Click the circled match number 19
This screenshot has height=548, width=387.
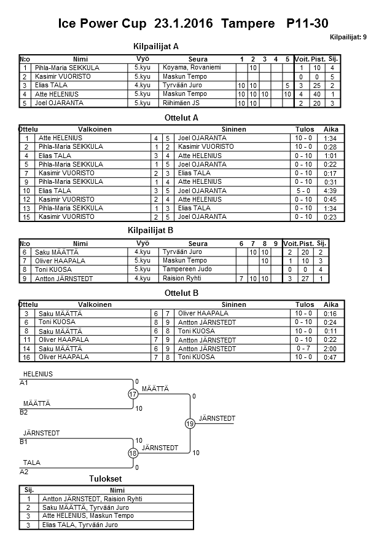pyautogui.click(x=190, y=424)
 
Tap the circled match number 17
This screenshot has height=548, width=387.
pyautogui.click(x=133, y=394)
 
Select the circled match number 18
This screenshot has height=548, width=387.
pyautogui.click(x=133, y=453)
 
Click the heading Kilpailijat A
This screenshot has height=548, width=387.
pyautogui.click(x=156, y=46)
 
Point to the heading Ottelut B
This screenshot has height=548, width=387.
pyautogui.click(x=182, y=293)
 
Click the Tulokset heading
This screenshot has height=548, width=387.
pyautogui.click(x=105, y=479)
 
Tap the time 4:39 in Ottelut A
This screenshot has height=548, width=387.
pyautogui.click(x=330, y=191)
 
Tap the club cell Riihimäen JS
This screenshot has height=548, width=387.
pyautogui.click(x=181, y=103)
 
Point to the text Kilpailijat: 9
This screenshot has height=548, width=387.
pyautogui.click(x=348, y=37)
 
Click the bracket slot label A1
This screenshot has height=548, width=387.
pyautogui.click(x=25, y=383)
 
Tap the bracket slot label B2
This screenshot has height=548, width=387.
pyautogui.click(x=25, y=412)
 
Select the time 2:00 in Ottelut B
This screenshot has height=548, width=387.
pyautogui.click(x=330, y=349)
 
